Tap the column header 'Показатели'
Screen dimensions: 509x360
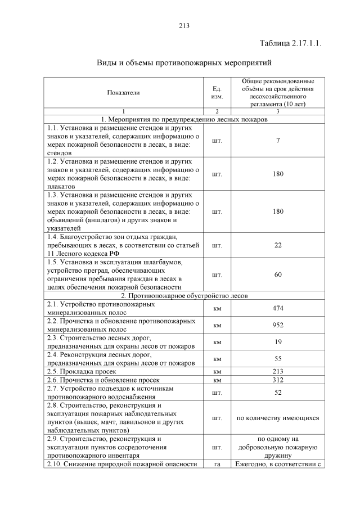tap(123, 92)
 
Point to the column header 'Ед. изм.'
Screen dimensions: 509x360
tap(217, 92)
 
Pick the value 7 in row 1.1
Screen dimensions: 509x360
tap(278, 140)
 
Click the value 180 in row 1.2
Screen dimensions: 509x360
tap(278, 174)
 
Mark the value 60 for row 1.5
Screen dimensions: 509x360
tap(278, 274)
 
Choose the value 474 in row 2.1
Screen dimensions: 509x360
tap(278, 308)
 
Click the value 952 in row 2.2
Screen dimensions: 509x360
tap(278, 325)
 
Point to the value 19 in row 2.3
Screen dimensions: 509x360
tap(278, 341)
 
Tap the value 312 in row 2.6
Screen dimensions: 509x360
tap(278, 380)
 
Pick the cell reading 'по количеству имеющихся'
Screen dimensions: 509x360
tap(278, 418)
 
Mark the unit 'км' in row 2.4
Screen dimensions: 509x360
tap(217, 358)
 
